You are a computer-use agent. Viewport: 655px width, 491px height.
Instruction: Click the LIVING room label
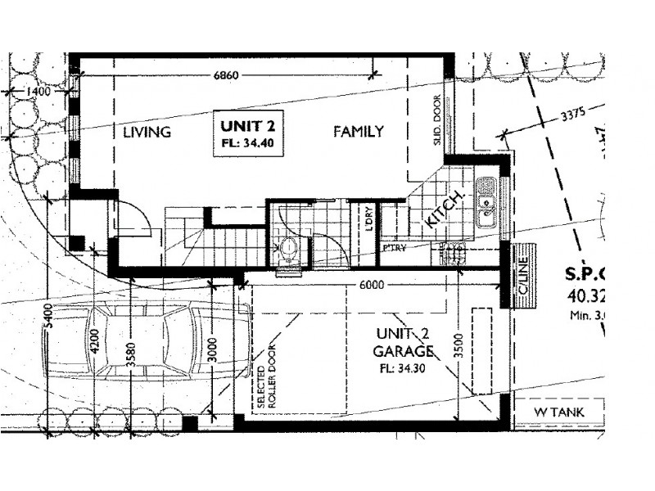[x=147, y=132]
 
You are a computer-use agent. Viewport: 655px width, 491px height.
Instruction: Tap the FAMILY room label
[x=358, y=131]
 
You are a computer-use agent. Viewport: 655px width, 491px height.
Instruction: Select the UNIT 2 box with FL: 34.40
[x=246, y=133]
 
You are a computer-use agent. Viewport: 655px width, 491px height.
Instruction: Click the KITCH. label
[x=445, y=209]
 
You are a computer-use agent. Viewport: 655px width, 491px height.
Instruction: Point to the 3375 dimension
[x=573, y=115]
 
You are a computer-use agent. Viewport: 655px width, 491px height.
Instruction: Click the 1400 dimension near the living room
[x=38, y=92]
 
